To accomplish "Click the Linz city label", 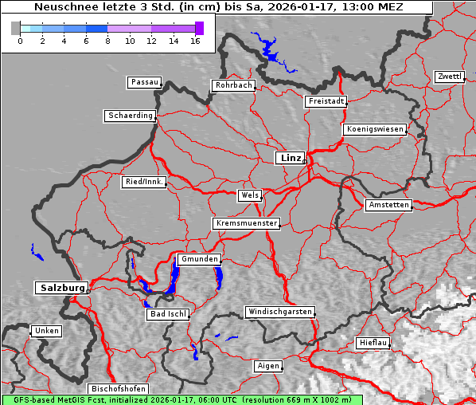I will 290,158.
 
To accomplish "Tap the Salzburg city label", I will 60,287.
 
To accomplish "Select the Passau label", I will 144,82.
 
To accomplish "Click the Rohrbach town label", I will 232,85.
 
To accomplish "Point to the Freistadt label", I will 326,101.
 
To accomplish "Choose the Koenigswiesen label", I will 375,129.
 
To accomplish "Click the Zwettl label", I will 449,77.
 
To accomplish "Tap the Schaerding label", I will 130,116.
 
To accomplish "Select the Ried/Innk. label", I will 144,182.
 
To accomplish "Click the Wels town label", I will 249,195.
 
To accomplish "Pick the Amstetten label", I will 388,205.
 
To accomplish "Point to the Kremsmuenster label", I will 246,223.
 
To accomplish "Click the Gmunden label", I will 198,259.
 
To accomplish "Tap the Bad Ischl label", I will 167,314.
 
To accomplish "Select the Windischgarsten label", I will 279,312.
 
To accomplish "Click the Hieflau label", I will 373,343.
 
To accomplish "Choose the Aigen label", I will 268,366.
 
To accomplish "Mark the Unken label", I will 45,331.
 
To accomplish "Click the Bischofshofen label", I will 118,388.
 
